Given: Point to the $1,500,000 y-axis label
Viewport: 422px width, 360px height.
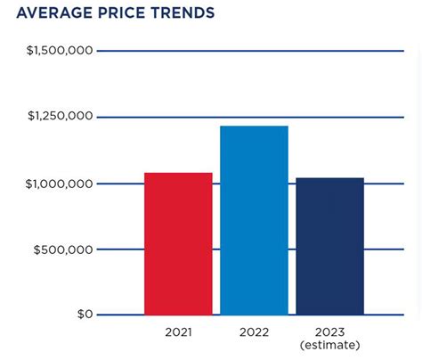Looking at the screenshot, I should tap(60, 51).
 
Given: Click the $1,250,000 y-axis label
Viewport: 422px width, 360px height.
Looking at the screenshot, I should tap(60, 116).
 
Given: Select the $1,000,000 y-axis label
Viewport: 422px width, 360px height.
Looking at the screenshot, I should tap(60, 184).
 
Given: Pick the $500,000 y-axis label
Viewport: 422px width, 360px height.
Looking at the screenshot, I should tap(63, 250).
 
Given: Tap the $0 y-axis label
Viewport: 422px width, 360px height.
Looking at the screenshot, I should tap(84, 315).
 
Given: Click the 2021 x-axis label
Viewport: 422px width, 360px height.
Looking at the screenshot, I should tap(178, 332).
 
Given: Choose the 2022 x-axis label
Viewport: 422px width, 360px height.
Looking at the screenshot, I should tap(254, 332).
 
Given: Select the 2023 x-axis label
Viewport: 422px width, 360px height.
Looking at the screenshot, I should tap(329, 332).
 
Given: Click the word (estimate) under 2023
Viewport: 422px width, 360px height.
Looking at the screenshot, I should tap(329, 345).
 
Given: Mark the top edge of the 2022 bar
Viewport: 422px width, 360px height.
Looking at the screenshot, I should tap(254, 127).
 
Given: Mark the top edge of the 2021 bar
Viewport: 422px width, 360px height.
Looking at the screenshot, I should tap(178, 173).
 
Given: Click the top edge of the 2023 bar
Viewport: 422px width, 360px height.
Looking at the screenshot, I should tap(329, 178).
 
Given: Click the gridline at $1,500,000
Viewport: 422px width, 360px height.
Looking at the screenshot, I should tap(249, 51).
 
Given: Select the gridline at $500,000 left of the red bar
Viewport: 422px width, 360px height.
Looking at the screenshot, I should tap(120, 250).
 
